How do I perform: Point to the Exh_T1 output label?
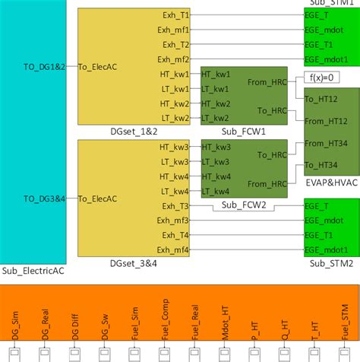coord(175,14)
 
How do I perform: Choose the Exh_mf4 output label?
coord(172,250)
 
